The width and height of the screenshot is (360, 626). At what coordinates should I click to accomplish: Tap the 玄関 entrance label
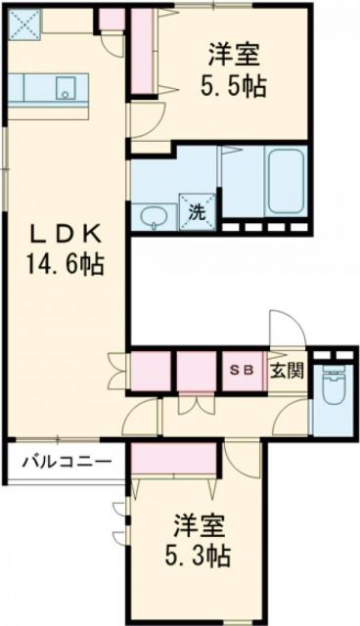288,372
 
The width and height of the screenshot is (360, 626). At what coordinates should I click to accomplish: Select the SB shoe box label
242,372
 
